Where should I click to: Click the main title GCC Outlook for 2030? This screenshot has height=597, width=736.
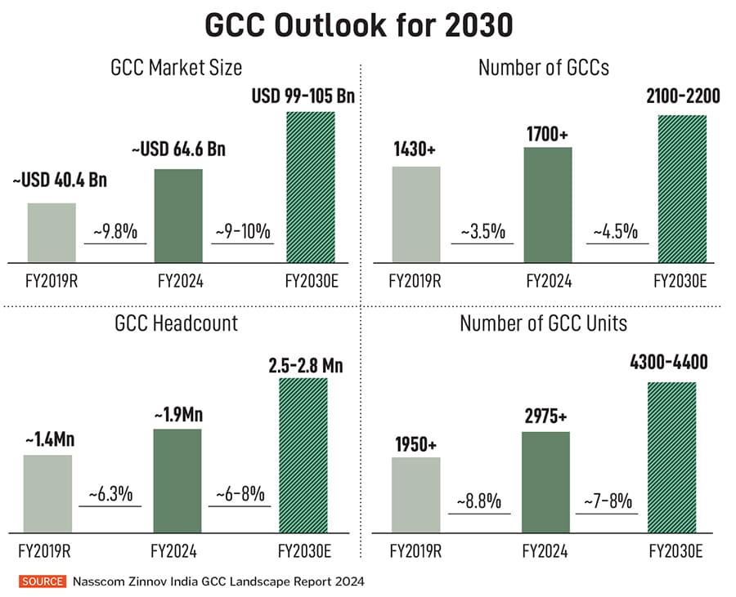(358, 25)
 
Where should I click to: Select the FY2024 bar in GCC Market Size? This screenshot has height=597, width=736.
(178, 216)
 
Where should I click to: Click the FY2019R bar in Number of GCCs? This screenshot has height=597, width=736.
(416, 214)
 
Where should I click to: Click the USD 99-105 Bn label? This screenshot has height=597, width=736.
(303, 98)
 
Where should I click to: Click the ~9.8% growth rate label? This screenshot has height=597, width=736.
(115, 232)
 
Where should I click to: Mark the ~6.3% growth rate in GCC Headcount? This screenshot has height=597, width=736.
(110, 495)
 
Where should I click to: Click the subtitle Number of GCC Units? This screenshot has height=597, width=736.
(543, 323)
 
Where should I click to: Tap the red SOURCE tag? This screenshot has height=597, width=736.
(43, 581)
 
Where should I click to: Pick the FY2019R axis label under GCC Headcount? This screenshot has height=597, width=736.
(47, 550)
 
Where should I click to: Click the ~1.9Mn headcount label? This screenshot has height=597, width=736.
(177, 415)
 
